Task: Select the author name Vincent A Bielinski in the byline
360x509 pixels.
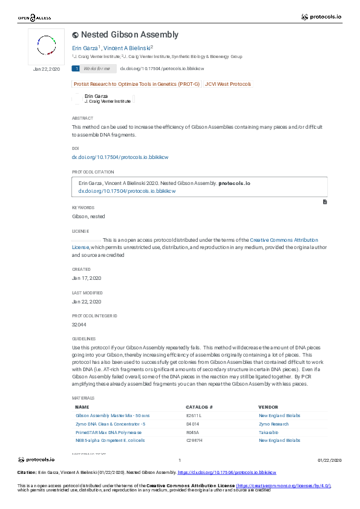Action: click(x=127, y=48)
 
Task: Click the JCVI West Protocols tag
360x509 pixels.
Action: click(x=227, y=84)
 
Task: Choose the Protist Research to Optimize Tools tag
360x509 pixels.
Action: click(x=136, y=84)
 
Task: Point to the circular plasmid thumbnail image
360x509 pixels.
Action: click(x=47, y=45)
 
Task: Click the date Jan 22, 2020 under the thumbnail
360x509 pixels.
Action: click(x=47, y=70)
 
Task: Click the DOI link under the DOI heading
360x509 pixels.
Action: click(x=120, y=157)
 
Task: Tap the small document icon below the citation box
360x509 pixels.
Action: click(x=325, y=201)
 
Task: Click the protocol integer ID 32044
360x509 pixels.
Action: click(x=79, y=325)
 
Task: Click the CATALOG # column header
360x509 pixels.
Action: click(x=199, y=407)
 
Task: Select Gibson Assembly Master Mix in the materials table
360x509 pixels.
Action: click(x=113, y=416)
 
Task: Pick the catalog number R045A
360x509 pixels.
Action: click(x=193, y=433)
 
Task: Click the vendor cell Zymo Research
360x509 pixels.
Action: click(x=273, y=424)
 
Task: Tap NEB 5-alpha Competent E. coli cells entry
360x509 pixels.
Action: click(x=110, y=441)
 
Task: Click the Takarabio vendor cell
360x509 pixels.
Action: click(x=269, y=433)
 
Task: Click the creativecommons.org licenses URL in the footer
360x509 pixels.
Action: click(x=283, y=485)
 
